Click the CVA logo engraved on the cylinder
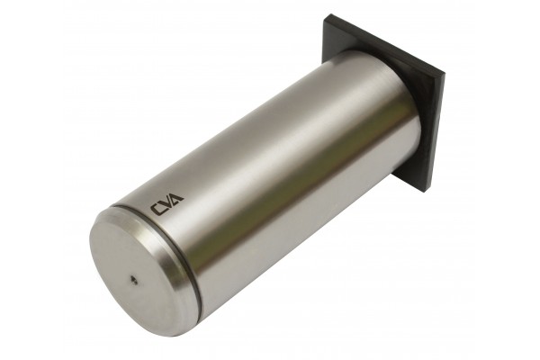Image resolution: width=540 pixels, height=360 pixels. (166, 204)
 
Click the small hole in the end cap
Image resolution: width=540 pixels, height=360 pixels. (133, 280)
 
